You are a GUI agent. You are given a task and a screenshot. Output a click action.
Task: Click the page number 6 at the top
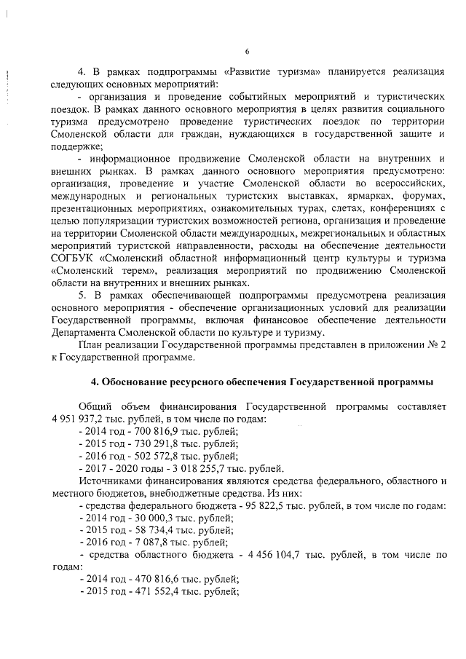(247, 51)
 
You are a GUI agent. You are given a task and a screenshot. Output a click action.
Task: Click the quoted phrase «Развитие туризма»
(271, 72)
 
